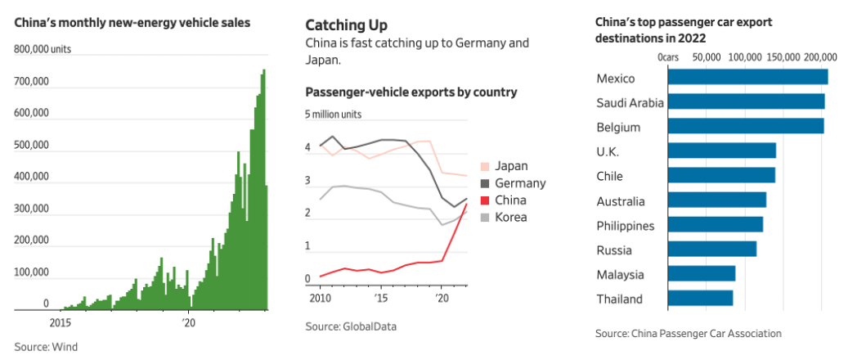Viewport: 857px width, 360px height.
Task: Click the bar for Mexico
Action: click(x=748, y=77)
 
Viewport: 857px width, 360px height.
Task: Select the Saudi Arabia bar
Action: click(x=747, y=101)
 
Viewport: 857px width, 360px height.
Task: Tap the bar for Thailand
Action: click(x=701, y=298)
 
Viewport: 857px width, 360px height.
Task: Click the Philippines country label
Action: click(x=626, y=226)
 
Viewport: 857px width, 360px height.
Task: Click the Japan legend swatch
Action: click(x=484, y=166)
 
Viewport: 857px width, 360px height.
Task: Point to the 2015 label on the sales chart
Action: click(x=61, y=322)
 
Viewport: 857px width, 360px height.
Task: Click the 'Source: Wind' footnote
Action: click(x=46, y=347)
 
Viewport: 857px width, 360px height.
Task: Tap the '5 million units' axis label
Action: click(x=334, y=115)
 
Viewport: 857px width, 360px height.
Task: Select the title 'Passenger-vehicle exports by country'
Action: click(x=411, y=92)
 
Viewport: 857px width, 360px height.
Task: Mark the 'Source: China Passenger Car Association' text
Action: click(x=688, y=333)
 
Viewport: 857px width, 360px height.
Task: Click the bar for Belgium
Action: click(x=746, y=126)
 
